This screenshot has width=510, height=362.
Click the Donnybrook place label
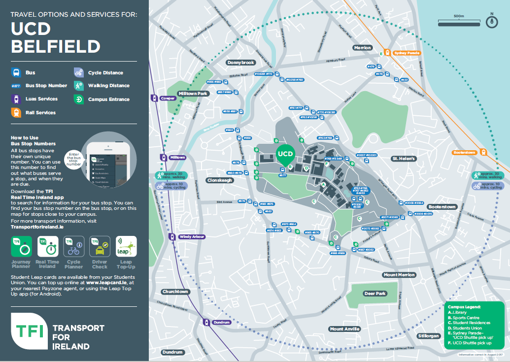click(x=240, y=63)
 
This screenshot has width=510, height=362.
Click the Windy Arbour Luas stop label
click(x=192, y=237)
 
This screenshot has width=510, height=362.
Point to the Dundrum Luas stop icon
click(x=204, y=322)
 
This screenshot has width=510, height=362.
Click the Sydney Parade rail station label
click(x=407, y=53)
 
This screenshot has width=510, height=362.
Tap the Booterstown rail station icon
click(x=483, y=153)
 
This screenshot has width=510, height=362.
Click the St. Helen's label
click(x=404, y=159)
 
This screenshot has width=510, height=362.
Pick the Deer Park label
click(x=374, y=294)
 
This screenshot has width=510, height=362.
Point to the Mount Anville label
click(x=345, y=329)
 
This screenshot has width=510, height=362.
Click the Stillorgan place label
click(x=428, y=336)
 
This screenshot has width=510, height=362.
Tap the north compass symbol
click(x=492, y=21)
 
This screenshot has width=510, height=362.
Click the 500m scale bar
click(x=458, y=22)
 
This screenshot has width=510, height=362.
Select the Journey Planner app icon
click(x=21, y=246)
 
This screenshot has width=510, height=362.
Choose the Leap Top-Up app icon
click(x=126, y=246)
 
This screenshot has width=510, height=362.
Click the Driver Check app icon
click(x=100, y=246)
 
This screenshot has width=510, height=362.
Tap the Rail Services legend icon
click(x=16, y=113)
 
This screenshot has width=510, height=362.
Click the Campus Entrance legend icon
click(x=79, y=99)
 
